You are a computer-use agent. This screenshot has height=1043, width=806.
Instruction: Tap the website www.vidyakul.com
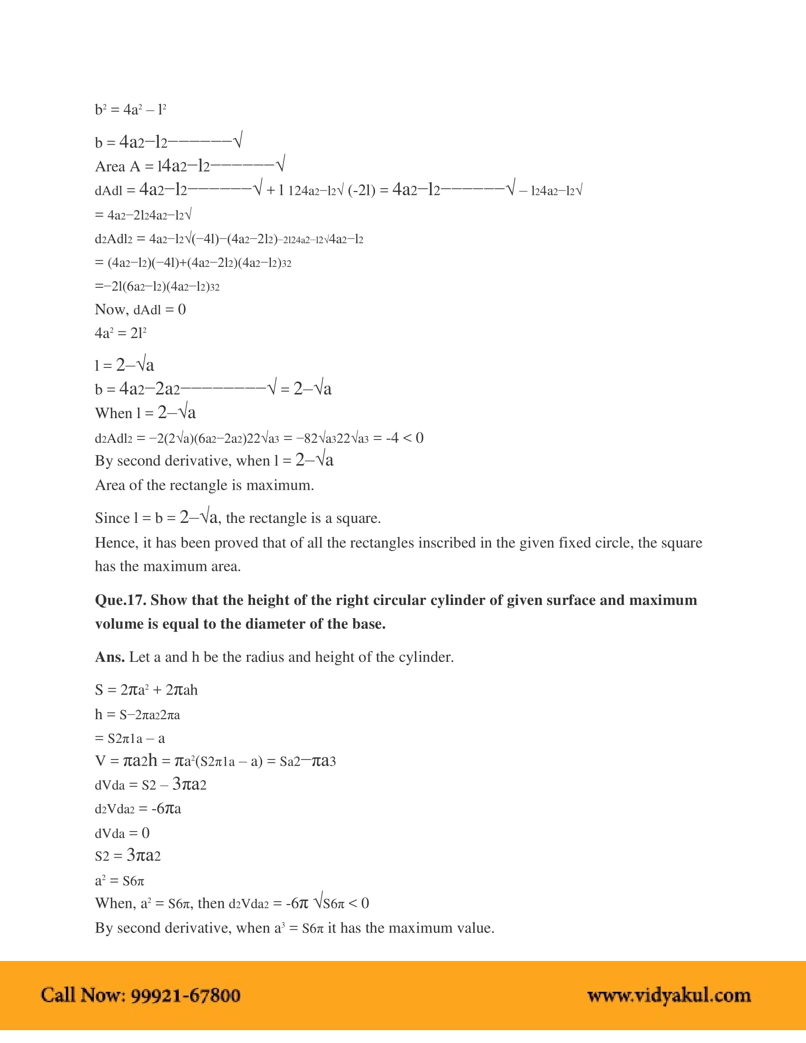tap(669, 995)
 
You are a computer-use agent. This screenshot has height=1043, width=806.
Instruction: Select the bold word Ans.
tap(110, 657)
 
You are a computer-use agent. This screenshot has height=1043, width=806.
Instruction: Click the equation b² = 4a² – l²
tap(130, 110)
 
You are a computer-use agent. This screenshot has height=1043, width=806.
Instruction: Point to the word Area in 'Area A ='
tap(110, 166)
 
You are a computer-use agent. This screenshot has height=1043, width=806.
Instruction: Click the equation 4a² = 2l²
tap(120, 333)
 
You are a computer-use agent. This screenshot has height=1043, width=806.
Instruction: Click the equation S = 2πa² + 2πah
tap(146, 690)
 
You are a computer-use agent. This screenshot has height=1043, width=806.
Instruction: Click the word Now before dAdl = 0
tap(112, 310)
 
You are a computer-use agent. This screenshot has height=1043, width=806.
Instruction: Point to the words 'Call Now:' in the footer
tap(83, 995)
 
